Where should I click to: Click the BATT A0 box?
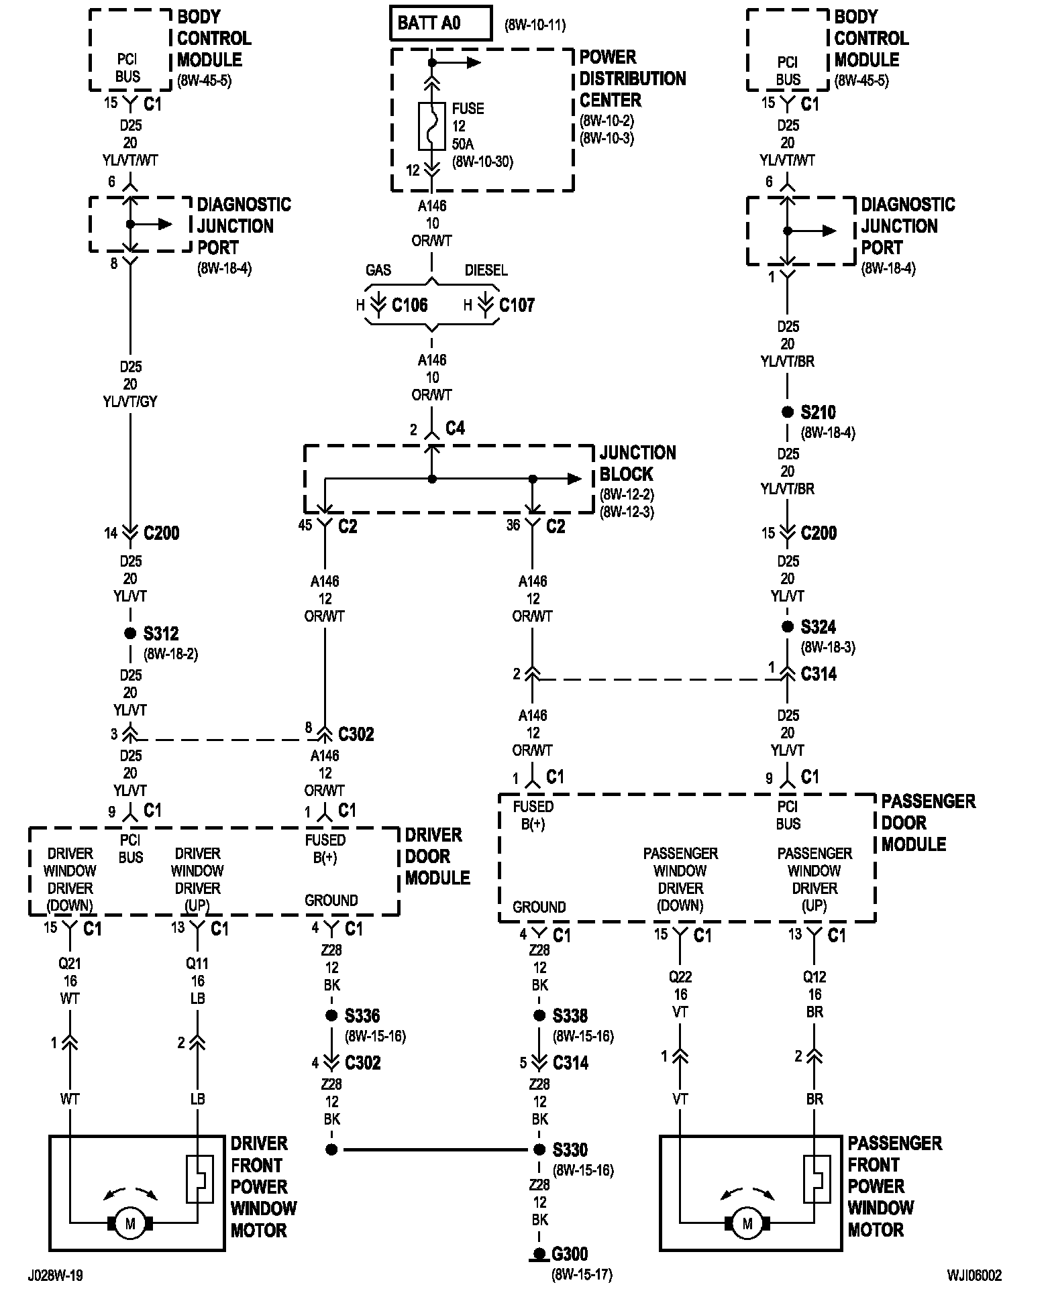[x=441, y=23]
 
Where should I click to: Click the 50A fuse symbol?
[x=432, y=125]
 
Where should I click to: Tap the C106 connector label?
[x=409, y=306]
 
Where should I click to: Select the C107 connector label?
[x=517, y=306]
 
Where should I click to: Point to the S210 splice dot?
[x=788, y=412]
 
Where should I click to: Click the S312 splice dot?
[x=130, y=633]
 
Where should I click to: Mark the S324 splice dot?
[x=788, y=626]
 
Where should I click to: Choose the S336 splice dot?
[x=331, y=1015]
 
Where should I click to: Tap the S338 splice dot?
[x=539, y=1015]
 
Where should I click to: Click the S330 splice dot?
[x=539, y=1149]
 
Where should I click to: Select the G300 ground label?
[x=570, y=1253]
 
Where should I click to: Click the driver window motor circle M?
[x=130, y=1224]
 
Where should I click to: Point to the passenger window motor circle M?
[x=747, y=1224]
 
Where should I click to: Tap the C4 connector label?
[x=455, y=428]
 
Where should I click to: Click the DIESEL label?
[x=486, y=270]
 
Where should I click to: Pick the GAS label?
[x=378, y=270]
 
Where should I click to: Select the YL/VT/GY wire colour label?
[x=130, y=402]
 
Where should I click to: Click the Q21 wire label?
[x=70, y=964]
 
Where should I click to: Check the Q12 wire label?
[x=814, y=977]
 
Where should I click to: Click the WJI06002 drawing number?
[x=975, y=1275]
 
